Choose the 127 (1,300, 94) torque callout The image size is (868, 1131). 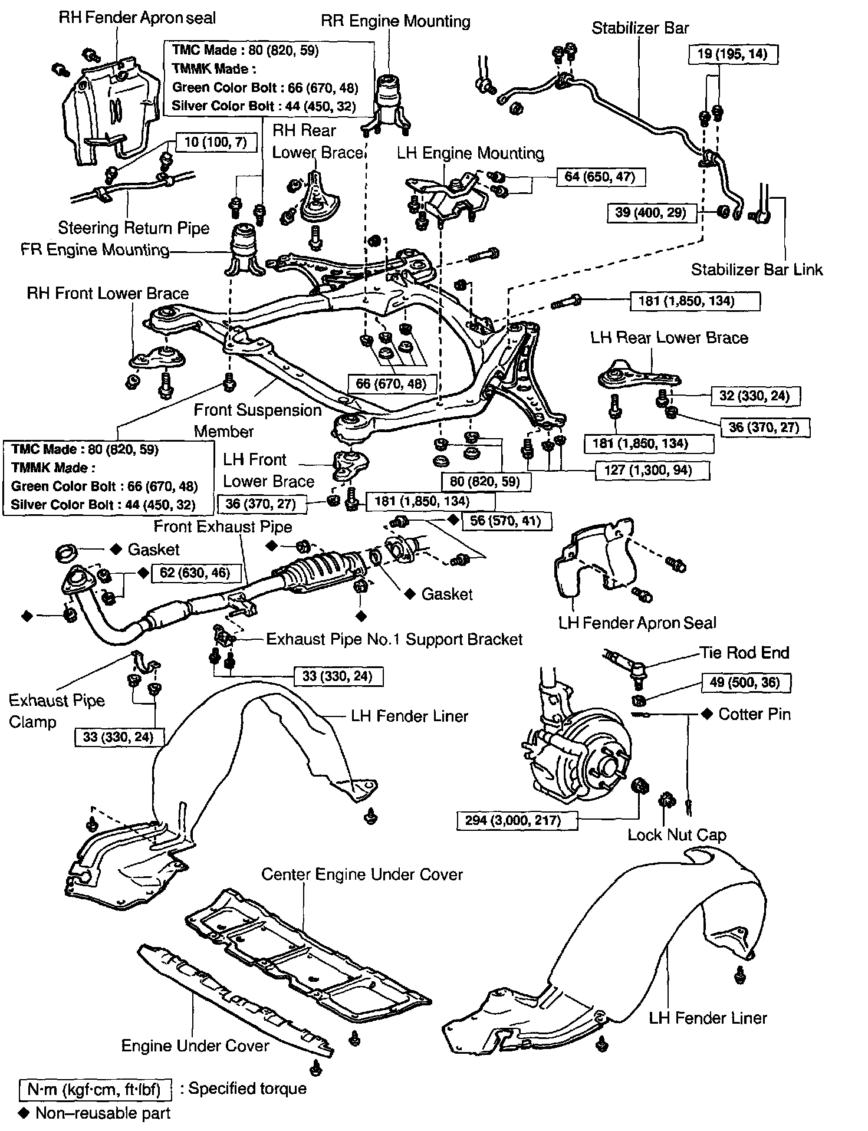[x=650, y=470]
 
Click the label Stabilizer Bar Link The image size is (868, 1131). [x=757, y=270]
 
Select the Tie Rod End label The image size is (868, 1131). [x=744, y=653]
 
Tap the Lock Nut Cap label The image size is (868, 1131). [x=676, y=835]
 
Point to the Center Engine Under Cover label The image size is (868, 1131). [x=362, y=874]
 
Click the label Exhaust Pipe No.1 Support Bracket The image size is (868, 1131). [x=394, y=639]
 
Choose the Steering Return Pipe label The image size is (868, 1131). [x=134, y=228]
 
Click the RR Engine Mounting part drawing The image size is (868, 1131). [x=387, y=103]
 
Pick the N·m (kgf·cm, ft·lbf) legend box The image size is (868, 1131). [x=94, y=1089]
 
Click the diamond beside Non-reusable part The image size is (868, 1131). [x=24, y=1113]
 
